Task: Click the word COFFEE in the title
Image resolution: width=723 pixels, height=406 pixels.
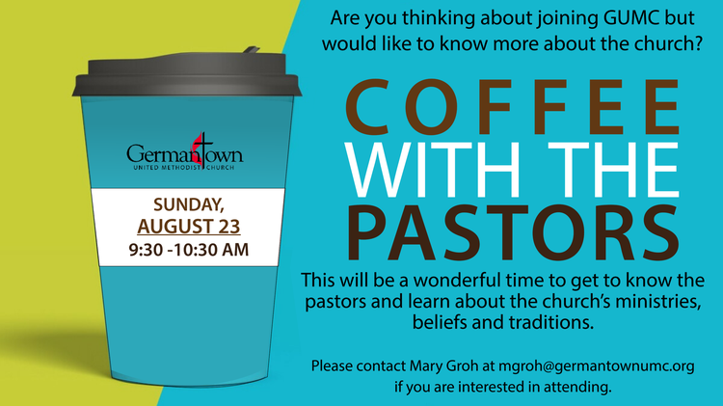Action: pos(512,107)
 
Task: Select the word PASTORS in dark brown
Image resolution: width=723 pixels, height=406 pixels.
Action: pos(513,232)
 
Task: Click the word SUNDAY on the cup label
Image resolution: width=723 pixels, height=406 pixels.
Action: pos(189,204)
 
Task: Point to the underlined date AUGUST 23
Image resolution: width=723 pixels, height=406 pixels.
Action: pos(189,227)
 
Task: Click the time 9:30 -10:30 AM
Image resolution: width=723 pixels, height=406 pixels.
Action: pos(189,250)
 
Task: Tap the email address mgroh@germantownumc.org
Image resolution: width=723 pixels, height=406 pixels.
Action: pos(596,366)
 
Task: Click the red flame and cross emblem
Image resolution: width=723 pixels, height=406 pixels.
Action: pos(201,149)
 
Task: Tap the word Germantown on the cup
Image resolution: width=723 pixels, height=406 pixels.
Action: pos(185,153)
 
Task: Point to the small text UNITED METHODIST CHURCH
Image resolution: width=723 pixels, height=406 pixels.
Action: pos(184,168)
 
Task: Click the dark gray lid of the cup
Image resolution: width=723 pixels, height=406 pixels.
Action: pos(187,75)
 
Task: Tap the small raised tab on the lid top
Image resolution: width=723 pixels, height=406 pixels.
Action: pos(252,49)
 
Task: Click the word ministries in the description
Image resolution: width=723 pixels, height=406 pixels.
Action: pos(659,301)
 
